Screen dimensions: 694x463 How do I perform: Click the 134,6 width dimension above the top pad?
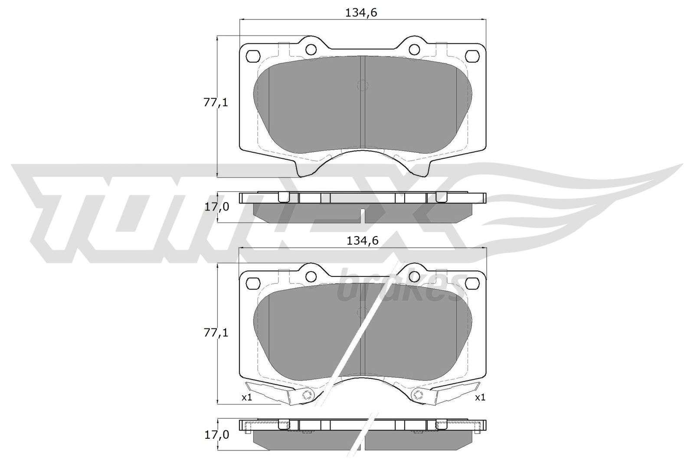point(361,13)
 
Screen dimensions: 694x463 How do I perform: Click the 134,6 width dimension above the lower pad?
point(363,241)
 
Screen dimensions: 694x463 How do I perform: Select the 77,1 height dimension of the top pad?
point(216,102)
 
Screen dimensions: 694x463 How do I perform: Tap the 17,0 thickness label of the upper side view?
point(216,207)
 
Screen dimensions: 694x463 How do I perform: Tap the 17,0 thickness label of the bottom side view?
point(216,435)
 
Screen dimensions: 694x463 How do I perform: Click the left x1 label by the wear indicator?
point(247,398)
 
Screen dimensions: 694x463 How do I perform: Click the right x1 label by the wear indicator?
point(480,398)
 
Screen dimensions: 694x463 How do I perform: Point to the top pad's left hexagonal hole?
point(252,56)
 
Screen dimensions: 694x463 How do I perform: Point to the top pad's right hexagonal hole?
point(472,56)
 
